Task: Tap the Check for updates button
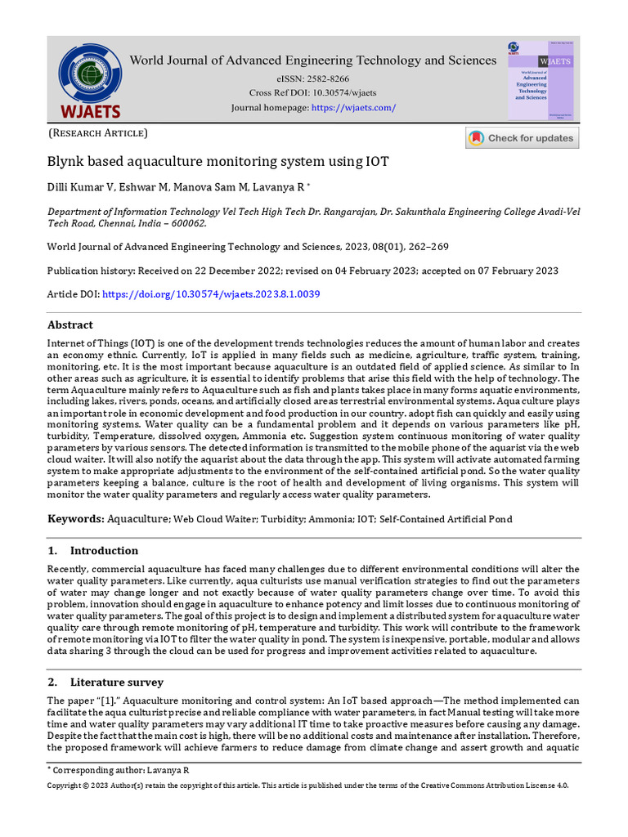(522, 138)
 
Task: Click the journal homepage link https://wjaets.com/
(354, 108)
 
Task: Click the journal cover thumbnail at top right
(540, 81)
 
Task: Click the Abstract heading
(70, 325)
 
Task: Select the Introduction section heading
(104, 551)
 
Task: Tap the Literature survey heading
(116, 683)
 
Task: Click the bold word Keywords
(75, 519)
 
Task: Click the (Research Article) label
(98, 133)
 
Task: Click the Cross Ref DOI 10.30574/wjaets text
(313, 92)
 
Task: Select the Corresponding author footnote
(119, 770)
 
